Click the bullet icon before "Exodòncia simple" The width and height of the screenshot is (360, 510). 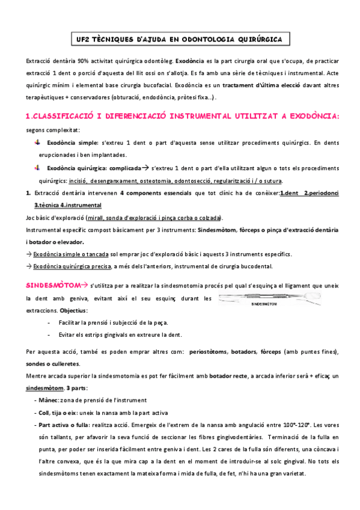point(37,143)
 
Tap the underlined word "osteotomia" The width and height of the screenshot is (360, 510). point(159,180)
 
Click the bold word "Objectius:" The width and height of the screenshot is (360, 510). point(73,310)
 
